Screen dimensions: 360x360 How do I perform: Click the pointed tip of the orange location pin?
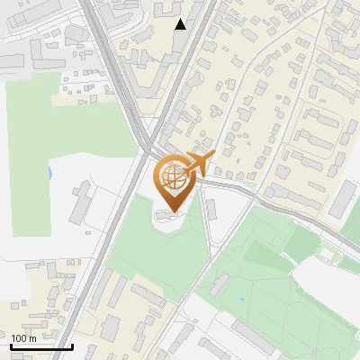pos(171,212)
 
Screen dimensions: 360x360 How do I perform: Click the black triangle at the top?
pos(181,24)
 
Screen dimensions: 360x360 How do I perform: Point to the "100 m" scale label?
pos(23,338)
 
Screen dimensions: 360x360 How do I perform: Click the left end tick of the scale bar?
pos(11,346)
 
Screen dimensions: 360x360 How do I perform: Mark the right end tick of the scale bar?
pos(72,346)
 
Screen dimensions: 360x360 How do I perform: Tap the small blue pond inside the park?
pos(243,299)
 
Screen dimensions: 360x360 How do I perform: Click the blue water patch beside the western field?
pos(50,170)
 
